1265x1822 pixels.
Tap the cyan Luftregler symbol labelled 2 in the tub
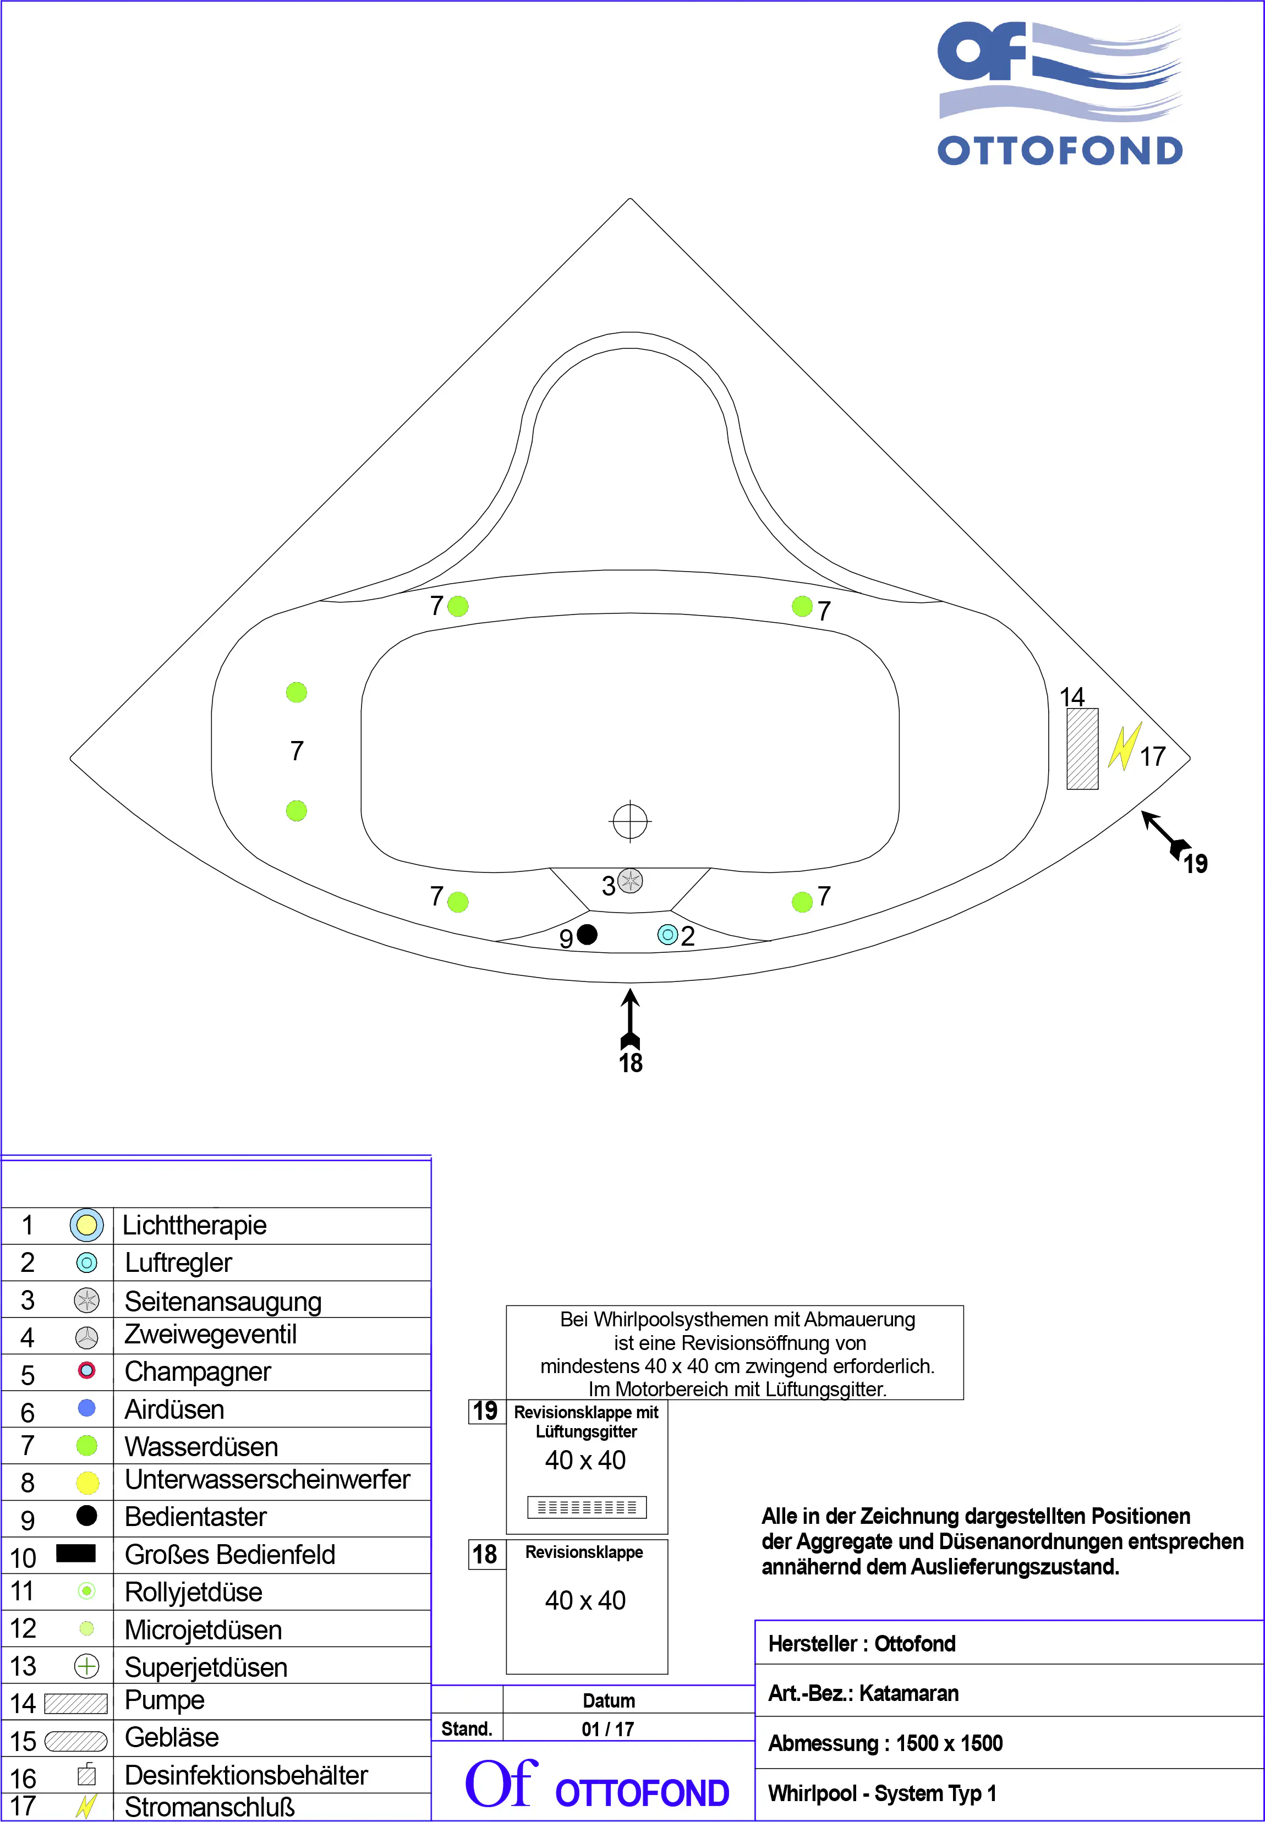coord(667,935)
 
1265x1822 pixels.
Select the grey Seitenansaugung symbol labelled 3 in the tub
coord(630,881)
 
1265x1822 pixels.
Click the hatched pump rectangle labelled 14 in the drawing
coord(1082,749)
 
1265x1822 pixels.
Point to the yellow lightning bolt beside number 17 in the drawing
coord(1124,746)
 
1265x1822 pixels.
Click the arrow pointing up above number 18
coord(630,1018)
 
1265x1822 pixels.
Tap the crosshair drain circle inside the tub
coord(630,821)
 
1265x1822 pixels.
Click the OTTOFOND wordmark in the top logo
coord(1060,151)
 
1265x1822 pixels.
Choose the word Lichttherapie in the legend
coord(194,1225)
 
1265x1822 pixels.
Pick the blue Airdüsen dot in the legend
coord(86,1408)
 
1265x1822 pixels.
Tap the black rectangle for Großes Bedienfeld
coord(76,1554)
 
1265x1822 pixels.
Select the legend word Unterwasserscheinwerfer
coord(267,1480)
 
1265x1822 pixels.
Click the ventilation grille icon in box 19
coord(587,1507)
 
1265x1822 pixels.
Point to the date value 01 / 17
coord(608,1729)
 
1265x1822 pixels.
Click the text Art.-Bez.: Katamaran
coord(863,1694)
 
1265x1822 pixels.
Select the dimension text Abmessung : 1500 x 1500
coord(885,1743)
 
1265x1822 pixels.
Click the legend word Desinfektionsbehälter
coord(246,1775)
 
